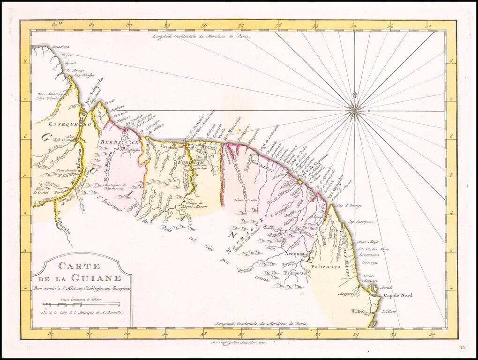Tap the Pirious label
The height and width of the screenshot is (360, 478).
coord(295,272)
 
